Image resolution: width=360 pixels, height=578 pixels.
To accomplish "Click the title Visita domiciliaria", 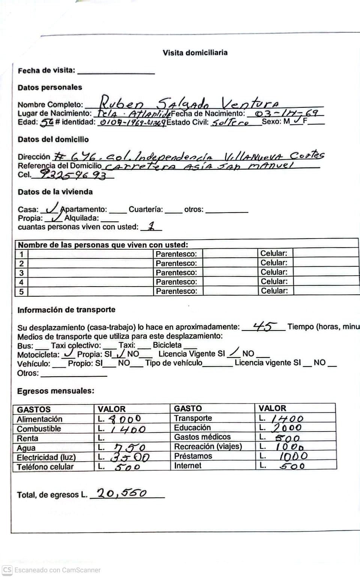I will pos(195,53).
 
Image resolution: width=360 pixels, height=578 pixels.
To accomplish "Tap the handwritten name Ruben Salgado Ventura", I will pos(189,103).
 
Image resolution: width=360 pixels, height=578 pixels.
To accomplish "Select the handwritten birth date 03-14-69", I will pos(286,113).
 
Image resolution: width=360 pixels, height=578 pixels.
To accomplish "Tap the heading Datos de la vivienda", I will pos(55,192).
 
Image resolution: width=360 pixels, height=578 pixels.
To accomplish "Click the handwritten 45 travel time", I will pos(264,326).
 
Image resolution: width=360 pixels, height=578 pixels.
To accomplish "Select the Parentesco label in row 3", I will pos(176,273).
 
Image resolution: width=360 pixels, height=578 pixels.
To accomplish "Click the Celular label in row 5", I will pos(274,291).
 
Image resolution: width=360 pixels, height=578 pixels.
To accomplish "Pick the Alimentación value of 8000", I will pos(125,419).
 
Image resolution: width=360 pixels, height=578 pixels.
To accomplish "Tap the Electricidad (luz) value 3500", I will pos(130,457).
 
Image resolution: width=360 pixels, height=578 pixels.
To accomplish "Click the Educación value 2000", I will pos(287,427).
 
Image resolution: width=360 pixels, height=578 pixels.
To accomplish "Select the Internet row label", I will pos(188,466).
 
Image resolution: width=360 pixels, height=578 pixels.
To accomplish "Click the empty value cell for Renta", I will pos(131,438).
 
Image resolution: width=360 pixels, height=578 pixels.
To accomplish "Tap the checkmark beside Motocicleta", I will pos(68,353).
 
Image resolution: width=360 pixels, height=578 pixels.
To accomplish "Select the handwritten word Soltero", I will pos(230,122).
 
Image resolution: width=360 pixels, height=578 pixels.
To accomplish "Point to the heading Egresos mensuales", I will pos(56,391).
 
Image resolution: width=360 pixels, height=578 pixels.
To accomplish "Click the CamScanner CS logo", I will pos(7,570).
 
